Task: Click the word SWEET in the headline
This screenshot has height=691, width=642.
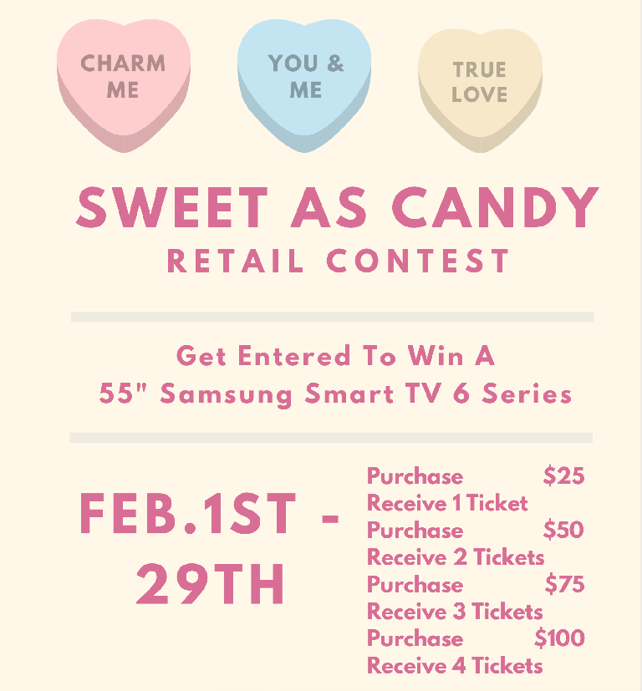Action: click(172, 207)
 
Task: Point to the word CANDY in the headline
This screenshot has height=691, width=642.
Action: click(495, 207)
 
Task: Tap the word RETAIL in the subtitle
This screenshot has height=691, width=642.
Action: click(236, 261)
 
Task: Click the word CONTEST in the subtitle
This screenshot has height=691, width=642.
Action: click(418, 261)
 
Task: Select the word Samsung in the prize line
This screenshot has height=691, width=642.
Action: click(226, 394)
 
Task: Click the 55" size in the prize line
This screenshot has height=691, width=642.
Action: click(117, 392)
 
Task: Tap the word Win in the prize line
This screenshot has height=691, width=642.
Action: click(436, 356)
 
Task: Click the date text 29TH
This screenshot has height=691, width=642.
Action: click(211, 584)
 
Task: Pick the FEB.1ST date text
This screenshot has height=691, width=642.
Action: click(187, 514)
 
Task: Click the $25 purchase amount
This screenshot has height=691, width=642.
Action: click(564, 476)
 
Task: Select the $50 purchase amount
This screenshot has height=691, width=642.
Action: click(563, 530)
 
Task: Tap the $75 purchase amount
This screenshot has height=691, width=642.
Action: click(565, 584)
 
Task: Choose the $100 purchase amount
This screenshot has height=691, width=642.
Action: click(559, 638)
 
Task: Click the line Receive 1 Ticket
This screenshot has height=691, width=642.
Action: click(447, 503)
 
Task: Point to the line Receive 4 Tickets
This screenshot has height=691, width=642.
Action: click(455, 665)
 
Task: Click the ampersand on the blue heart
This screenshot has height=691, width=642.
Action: click(335, 63)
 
